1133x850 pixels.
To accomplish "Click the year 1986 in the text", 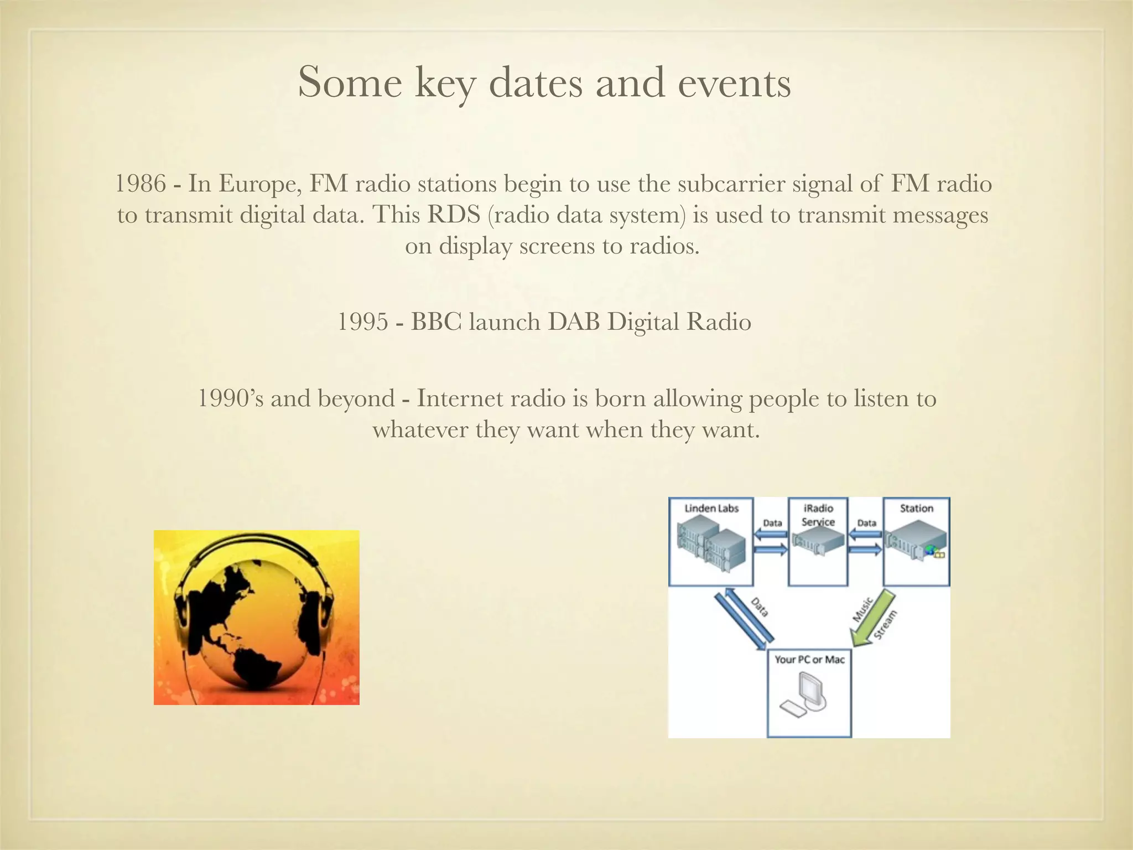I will (x=140, y=184).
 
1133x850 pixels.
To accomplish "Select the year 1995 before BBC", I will (x=362, y=322).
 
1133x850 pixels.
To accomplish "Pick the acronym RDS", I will (x=453, y=215).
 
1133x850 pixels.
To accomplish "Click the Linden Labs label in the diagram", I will (x=711, y=508).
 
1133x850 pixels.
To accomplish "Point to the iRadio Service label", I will (x=818, y=515).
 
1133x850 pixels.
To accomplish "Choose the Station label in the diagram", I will (x=916, y=508).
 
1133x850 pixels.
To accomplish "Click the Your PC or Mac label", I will (x=809, y=659).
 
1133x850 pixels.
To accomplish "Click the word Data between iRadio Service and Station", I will (x=866, y=522).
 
